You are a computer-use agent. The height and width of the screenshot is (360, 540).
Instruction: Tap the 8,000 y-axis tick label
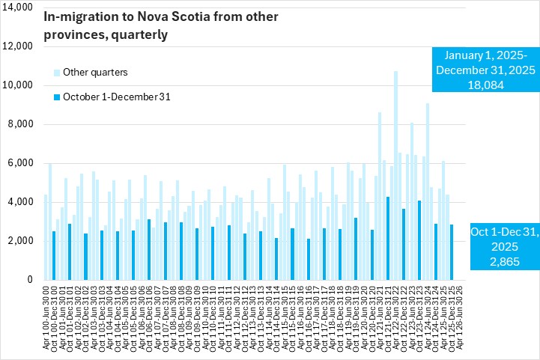pyautogui.click(x=19, y=124)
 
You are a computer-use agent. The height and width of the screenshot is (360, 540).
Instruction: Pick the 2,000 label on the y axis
pyautogui.click(x=19, y=241)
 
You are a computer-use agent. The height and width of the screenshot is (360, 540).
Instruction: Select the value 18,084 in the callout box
pyautogui.click(x=485, y=85)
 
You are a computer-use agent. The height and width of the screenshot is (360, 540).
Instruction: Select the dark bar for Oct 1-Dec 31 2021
pyautogui.click(x=387, y=238)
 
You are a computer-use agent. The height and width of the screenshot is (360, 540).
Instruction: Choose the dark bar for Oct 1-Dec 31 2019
pyautogui.click(x=356, y=248)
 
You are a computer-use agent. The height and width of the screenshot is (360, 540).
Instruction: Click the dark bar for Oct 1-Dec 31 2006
pyautogui.click(x=149, y=249)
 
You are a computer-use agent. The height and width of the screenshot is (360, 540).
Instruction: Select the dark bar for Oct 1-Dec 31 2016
pyautogui.click(x=308, y=259)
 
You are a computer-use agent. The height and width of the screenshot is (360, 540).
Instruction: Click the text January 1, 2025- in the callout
pyautogui.click(x=485, y=56)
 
